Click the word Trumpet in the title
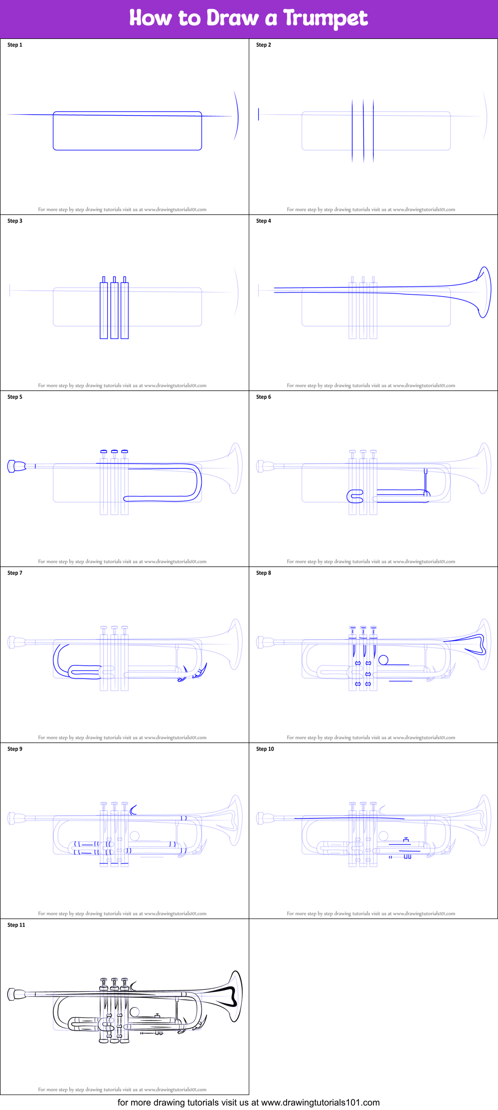325,18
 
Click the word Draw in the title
232,18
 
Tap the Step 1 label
15,45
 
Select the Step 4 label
264,221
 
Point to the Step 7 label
15,573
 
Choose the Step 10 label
265,749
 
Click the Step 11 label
16,925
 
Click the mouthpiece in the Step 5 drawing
16,466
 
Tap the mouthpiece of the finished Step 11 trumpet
16,994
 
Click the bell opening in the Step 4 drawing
484,292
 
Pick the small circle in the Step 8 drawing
383,660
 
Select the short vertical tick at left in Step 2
258,114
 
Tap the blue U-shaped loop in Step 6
355,497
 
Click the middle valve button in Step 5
114,452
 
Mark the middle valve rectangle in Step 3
114,310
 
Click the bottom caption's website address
320,1103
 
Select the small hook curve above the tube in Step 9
133,810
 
